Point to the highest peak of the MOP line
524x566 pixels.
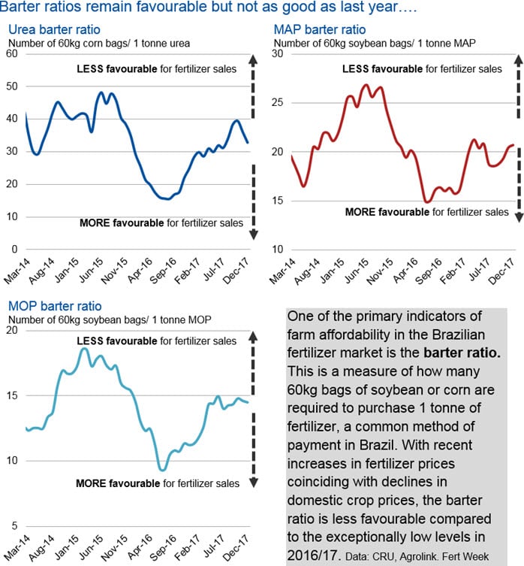[x=84, y=349]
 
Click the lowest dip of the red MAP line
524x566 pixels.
[x=426, y=202]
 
